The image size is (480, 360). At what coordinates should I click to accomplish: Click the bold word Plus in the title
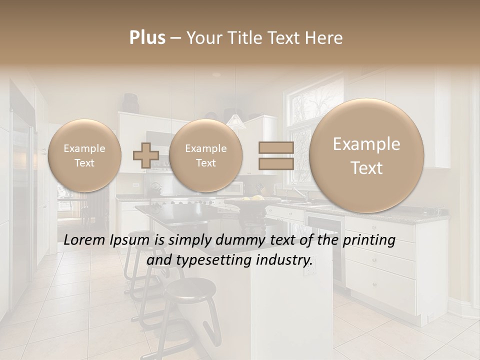[x=147, y=38]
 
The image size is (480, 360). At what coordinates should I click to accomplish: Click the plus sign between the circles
[x=145, y=155]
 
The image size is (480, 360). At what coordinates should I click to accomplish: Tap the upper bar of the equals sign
[x=276, y=147]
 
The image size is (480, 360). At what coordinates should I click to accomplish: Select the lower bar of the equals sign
[x=276, y=163]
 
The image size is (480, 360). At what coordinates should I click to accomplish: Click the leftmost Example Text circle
[x=84, y=155]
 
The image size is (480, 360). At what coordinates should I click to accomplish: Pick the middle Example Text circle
[x=205, y=155]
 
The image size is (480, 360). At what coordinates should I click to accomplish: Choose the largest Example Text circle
[x=366, y=155]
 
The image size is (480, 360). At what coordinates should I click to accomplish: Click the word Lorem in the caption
[x=85, y=240]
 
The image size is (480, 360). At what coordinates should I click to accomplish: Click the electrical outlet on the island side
[x=310, y=270]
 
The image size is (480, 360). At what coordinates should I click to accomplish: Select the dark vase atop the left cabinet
[x=130, y=102]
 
